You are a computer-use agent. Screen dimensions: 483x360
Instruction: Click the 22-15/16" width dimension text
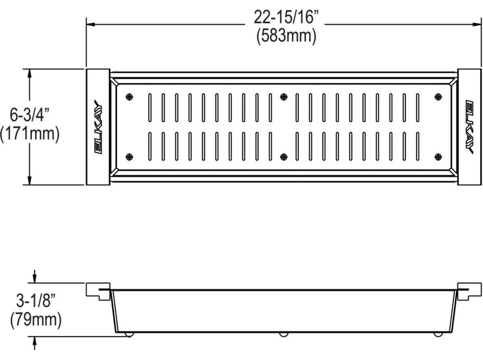(x=285, y=17)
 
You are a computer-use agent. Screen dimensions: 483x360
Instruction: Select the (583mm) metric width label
(x=286, y=36)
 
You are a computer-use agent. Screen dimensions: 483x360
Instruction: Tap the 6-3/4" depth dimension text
(x=30, y=115)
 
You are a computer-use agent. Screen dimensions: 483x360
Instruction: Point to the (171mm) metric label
(x=30, y=134)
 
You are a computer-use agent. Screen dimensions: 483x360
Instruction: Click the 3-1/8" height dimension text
(x=36, y=300)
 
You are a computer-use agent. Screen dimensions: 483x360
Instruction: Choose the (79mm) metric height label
(x=36, y=320)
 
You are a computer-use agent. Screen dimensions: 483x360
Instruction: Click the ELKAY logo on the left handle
(x=98, y=126)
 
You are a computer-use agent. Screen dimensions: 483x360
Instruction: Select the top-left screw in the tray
(x=130, y=97)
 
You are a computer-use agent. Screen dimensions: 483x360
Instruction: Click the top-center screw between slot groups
(x=283, y=97)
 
